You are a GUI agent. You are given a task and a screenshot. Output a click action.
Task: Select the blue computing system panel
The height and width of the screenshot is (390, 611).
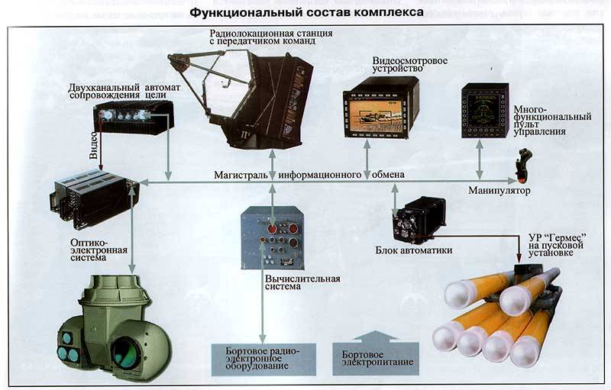pyautogui.click(x=272, y=237)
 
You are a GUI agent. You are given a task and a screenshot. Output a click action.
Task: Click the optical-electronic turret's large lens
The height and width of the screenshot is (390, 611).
pyautogui.click(x=126, y=351)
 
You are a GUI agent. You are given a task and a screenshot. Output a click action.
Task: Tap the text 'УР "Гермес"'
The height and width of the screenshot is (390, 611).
pyautogui.click(x=555, y=237)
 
